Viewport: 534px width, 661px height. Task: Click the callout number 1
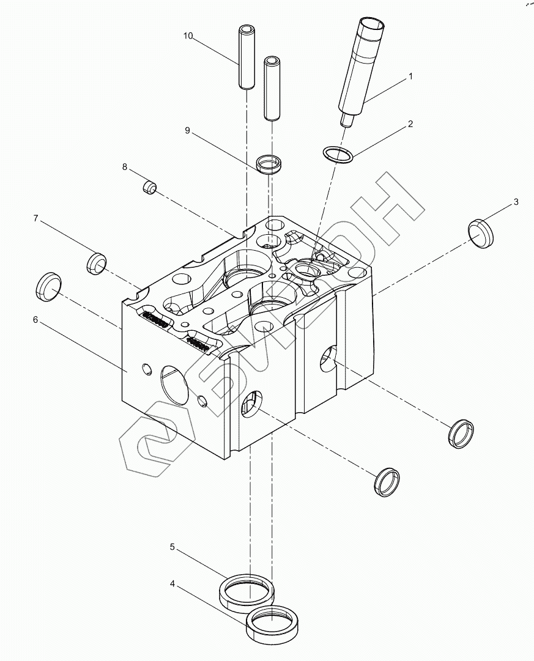410,77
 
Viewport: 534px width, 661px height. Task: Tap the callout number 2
410,124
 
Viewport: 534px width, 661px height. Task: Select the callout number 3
516,202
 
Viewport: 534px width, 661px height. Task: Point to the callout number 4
173,585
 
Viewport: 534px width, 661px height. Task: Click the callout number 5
173,546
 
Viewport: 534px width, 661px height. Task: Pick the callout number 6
35,320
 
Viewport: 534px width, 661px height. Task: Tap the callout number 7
35,218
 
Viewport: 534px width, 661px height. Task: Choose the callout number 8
125,166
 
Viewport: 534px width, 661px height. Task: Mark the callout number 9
188,130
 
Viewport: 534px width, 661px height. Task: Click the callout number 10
188,37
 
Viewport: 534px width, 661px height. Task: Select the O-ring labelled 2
337,155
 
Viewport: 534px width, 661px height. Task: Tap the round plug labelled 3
481,233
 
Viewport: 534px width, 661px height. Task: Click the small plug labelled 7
95,264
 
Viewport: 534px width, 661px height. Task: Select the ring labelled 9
270,164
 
